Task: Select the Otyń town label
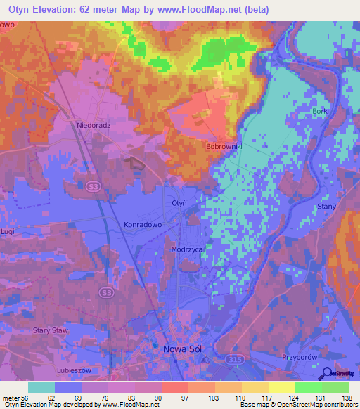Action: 179,203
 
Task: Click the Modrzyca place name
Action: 187,249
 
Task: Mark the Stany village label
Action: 327,207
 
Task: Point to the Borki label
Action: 320,112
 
